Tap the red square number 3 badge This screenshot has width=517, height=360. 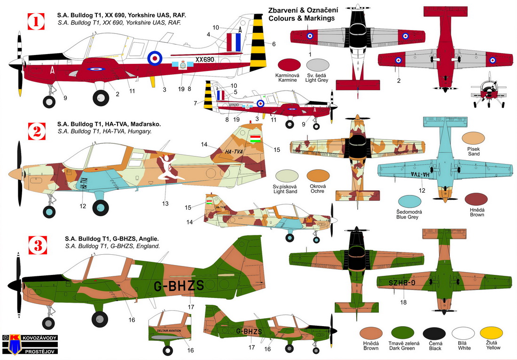[35, 245]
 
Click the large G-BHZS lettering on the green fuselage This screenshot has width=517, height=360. [179, 285]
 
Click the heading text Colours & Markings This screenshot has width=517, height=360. [301, 18]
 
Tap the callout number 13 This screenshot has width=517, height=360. [165, 203]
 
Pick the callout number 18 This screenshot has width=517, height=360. [403, 302]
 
